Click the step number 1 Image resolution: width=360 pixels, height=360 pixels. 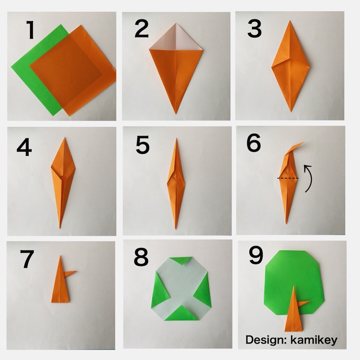(30, 30)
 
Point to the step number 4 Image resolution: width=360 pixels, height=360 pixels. (24, 147)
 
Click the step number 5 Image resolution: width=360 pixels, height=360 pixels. (143, 145)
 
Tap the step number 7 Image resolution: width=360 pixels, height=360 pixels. (27, 259)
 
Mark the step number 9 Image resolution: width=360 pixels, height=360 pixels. (256, 255)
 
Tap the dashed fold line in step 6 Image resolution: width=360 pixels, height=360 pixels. (288, 178)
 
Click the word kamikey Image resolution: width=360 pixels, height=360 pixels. (314, 340)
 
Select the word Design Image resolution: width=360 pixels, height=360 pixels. (265, 340)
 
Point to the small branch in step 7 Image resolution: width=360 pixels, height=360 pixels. (70, 273)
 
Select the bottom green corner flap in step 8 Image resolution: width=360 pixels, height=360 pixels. (182, 313)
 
